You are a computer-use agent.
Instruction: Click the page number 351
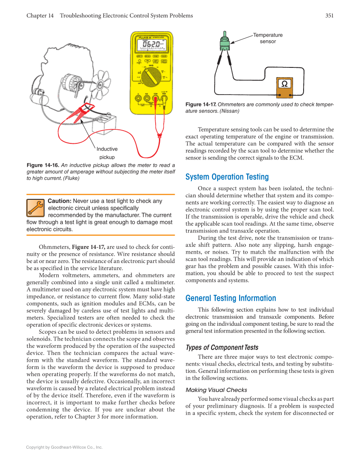tap(329, 16)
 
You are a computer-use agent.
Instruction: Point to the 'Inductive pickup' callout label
tap(107, 153)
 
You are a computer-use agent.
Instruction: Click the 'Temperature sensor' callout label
tap(268, 38)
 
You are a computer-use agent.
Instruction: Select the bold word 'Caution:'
tap(59, 201)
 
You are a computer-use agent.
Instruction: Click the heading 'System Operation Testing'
tap(227, 177)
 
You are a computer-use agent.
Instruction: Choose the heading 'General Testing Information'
tap(231, 298)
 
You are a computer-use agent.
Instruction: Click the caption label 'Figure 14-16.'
tap(43, 165)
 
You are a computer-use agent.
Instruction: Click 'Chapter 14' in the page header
tap(40, 16)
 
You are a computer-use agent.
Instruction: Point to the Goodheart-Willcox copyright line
tap(64, 447)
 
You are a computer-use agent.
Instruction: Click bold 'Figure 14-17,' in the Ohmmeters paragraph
tap(89, 247)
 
